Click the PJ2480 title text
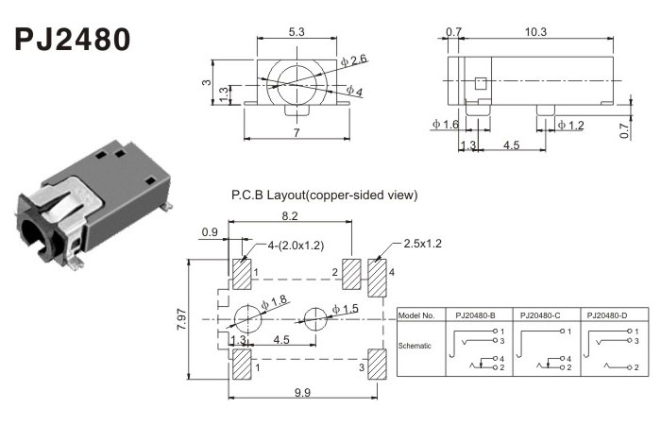coord(72,41)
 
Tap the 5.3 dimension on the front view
coord(297,34)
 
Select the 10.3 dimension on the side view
coord(535,32)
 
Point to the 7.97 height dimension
coord(182,319)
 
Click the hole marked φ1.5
coord(315,318)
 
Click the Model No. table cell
coord(416,314)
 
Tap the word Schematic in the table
coord(415,346)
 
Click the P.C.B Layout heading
coord(324,195)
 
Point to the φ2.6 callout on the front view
coord(358,61)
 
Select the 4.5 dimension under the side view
coord(510,144)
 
